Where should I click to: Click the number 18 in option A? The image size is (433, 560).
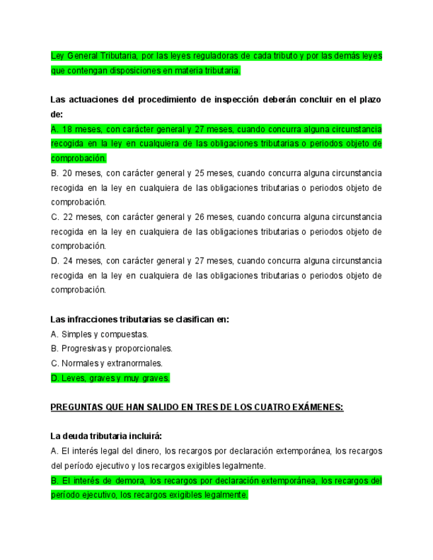tap(67, 129)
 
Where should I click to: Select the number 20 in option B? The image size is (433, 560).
tap(67, 173)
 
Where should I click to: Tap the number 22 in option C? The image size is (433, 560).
tap(67, 217)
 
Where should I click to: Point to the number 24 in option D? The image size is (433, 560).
tap(67, 261)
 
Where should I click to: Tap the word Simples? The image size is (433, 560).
tap(77, 334)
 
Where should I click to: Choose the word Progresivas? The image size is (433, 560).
tap(84, 349)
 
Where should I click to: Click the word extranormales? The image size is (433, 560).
tap(135, 363)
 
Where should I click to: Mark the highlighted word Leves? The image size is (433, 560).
tap(73, 378)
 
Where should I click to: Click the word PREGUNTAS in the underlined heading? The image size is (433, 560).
tap(76, 407)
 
